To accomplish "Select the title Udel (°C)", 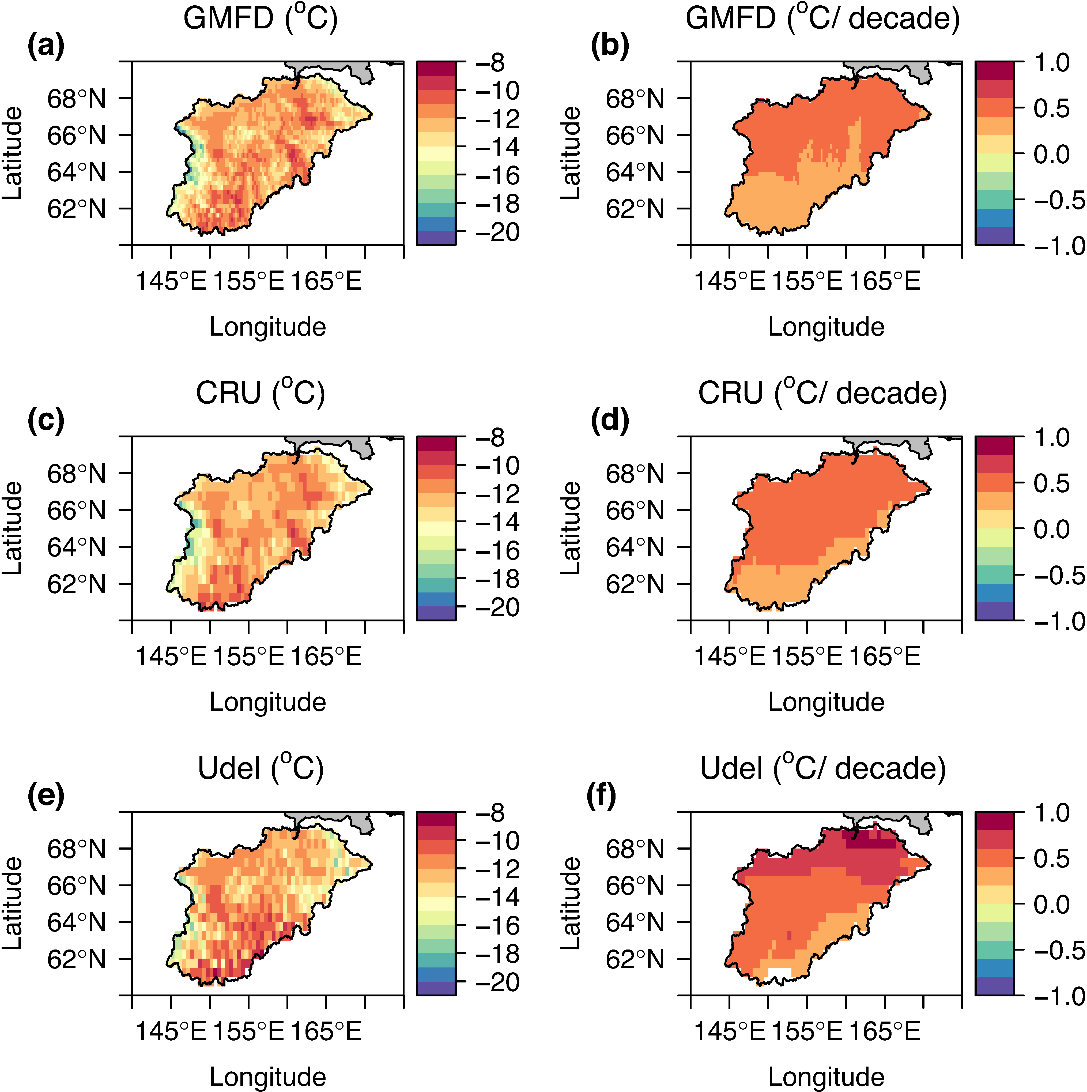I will click(261, 769).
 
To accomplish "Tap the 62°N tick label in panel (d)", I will click(635, 584).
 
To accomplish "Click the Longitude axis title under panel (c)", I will click(268, 702).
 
